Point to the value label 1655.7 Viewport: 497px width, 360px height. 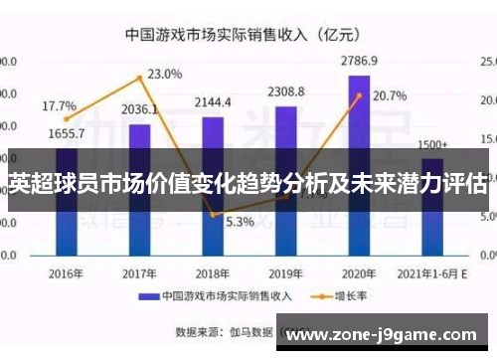66,133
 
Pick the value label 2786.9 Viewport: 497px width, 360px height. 359,61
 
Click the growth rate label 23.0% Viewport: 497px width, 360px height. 165,74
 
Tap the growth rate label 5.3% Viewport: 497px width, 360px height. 240,222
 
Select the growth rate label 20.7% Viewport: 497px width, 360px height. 390,96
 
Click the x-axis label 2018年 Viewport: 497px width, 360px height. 213,272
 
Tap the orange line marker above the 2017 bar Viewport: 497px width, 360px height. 140,78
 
